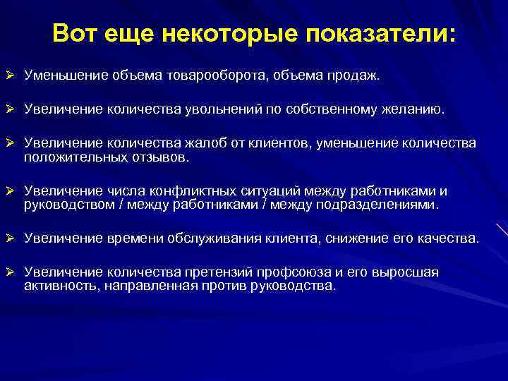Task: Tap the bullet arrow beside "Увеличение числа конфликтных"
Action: pos(9,191)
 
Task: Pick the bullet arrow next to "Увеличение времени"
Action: pos(9,239)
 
